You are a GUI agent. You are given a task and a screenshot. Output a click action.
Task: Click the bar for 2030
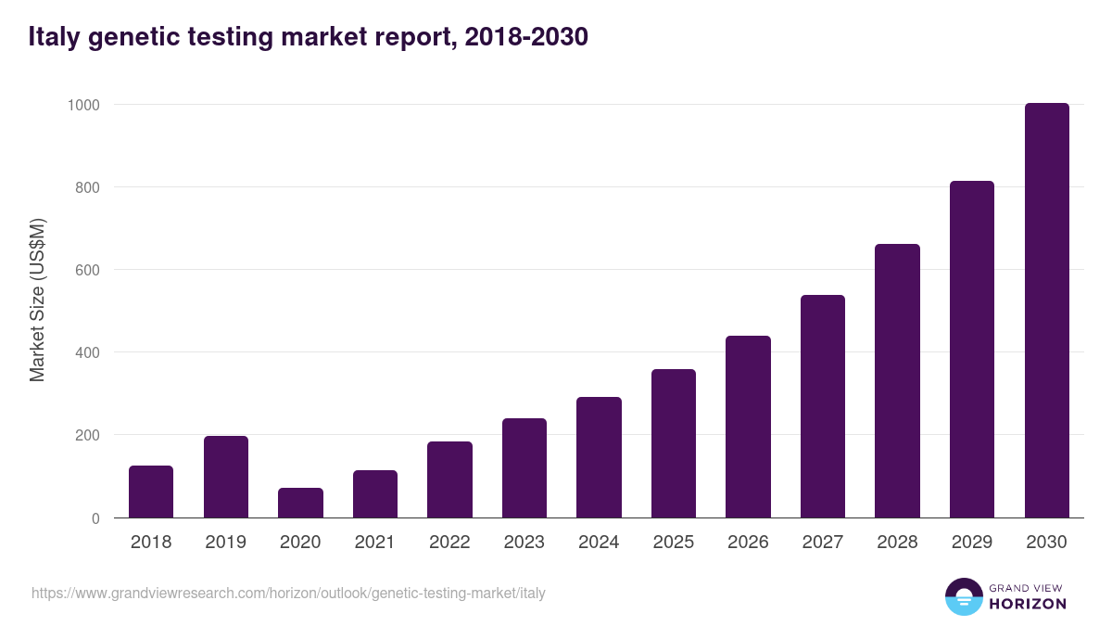(1046, 311)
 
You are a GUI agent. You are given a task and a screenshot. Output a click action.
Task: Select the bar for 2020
(300, 503)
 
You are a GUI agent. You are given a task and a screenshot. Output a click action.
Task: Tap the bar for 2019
(226, 477)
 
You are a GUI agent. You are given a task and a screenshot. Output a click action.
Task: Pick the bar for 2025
(674, 443)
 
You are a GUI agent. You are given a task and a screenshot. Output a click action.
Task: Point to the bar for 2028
(897, 381)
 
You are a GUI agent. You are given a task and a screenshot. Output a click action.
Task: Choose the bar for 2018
(151, 492)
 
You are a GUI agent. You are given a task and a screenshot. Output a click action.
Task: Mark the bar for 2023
(524, 468)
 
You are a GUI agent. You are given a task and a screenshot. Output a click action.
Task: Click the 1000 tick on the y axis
(82, 105)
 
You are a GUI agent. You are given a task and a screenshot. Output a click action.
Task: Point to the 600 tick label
(86, 270)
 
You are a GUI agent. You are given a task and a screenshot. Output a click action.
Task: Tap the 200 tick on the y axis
(86, 435)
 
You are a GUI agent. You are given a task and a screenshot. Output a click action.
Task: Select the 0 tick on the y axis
(95, 518)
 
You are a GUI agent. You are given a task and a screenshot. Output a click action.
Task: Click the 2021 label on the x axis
(375, 543)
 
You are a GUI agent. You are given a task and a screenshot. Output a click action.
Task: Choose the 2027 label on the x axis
(823, 543)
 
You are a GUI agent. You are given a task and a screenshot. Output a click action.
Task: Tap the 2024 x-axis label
(599, 543)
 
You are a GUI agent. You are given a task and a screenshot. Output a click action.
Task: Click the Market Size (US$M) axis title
(37, 300)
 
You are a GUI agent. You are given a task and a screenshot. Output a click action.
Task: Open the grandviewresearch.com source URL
(288, 593)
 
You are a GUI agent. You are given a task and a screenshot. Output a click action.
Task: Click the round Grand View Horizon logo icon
(963, 596)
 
